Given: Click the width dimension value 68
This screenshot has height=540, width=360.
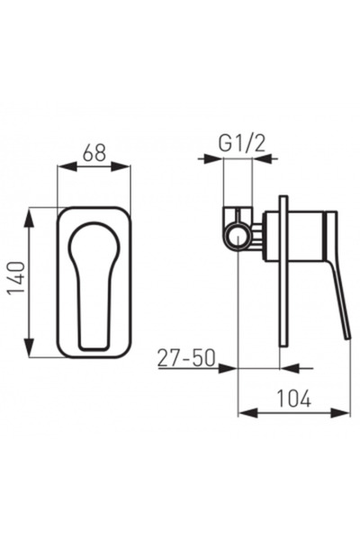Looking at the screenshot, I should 94,154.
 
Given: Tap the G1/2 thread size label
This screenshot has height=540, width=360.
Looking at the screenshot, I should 238,141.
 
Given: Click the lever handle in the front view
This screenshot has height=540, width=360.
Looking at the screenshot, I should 93,279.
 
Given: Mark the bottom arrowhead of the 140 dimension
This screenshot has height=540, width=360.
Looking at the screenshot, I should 31,352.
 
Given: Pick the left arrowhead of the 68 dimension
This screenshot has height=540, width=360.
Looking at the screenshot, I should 62,168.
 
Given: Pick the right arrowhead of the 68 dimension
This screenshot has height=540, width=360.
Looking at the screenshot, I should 125,168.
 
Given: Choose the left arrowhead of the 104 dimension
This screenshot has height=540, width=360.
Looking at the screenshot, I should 244,413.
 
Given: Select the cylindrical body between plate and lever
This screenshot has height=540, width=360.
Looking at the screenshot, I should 306,236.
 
